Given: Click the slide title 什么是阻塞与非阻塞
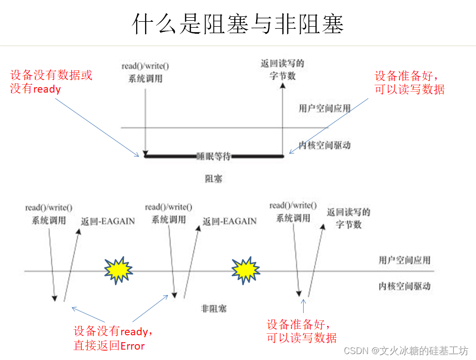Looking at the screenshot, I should click(238, 24).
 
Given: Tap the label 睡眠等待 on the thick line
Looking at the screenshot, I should click(213, 156).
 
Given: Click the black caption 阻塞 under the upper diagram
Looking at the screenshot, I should click(213, 179).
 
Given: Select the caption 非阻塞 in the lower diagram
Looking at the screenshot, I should click(214, 309).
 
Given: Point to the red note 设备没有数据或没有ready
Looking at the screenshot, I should click(51, 82).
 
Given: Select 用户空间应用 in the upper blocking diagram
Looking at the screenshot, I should click(324, 108).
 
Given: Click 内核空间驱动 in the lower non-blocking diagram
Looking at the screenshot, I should click(404, 286).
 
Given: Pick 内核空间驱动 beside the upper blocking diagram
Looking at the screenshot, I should click(324, 145).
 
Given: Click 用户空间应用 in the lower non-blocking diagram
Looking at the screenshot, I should click(404, 260).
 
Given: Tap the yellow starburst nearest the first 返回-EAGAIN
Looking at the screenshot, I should click(118, 270).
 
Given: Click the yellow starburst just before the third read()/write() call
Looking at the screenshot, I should click(246, 270).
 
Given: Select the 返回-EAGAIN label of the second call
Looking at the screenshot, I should click(229, 221).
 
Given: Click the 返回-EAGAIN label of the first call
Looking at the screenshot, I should click(107, 221).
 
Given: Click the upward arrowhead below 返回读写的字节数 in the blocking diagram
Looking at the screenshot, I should click(283, 86).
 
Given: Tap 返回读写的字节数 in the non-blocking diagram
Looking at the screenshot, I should click(349, 218).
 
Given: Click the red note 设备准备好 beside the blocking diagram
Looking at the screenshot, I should click(409, 83).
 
